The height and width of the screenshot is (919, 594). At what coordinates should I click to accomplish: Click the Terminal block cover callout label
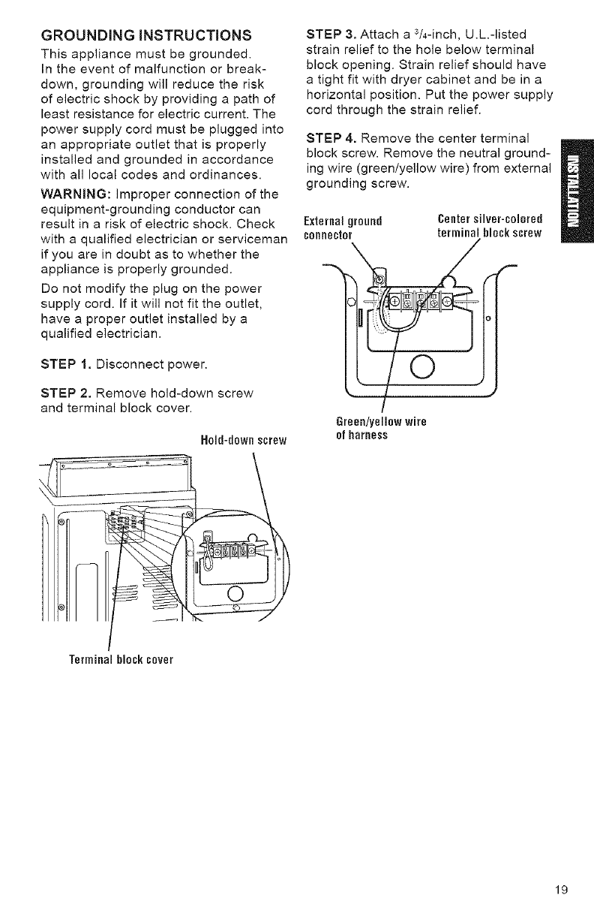121,660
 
